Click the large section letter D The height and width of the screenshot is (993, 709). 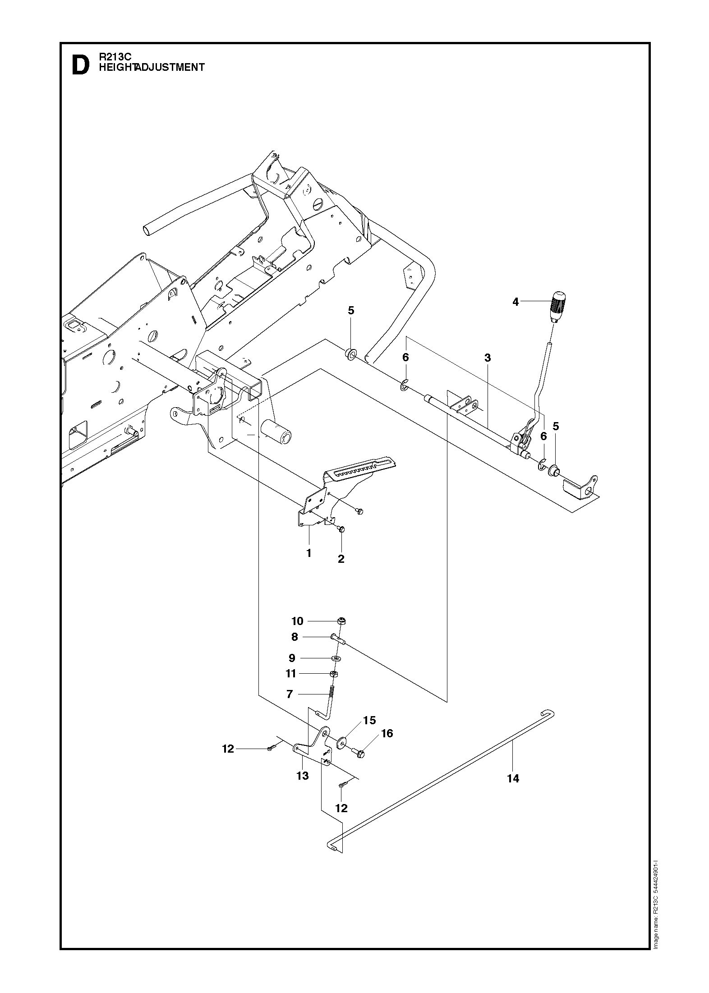(81, 65)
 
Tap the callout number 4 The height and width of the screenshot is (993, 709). (516, 302)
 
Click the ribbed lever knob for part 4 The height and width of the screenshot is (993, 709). (558, 305)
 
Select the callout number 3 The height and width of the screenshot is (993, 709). (487, 358)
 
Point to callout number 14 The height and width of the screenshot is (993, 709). (513, 778)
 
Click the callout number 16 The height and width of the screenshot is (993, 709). (387, 734)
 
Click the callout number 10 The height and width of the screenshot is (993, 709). (297, 621)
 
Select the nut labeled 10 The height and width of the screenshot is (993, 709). (341, 621)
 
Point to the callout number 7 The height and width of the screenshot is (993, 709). (290, 694)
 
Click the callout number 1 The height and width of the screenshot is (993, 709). (309, 553)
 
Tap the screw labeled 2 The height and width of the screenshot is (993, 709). (341, 529)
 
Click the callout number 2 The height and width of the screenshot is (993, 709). (341, 559)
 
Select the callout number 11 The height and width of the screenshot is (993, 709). (291, 674)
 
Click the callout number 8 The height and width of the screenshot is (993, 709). (295, 637)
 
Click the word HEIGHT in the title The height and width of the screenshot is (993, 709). (117, 67)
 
